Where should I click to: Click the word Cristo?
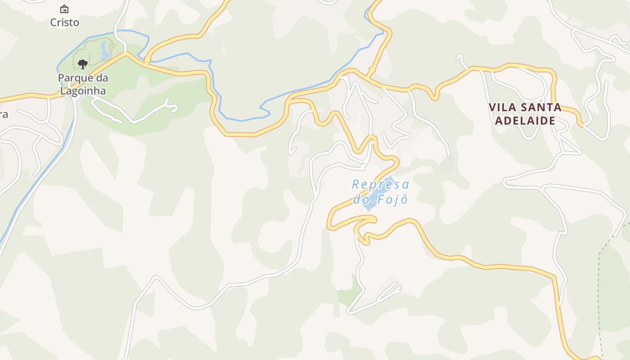[65, 22]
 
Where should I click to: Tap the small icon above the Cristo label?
[64, 9]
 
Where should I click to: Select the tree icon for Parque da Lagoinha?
[82, 64]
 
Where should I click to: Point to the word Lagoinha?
[83, 90]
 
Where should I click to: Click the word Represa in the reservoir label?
[380, 184]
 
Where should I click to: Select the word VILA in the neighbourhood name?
[502, 107]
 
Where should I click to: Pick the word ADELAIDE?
[525, 121]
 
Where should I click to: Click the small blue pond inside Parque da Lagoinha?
[106, 50]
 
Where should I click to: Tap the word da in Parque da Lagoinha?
[103, 78]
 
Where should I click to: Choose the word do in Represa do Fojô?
[360, 199]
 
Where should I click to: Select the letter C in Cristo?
[54, 22]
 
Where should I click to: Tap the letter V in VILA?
[492, 107]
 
